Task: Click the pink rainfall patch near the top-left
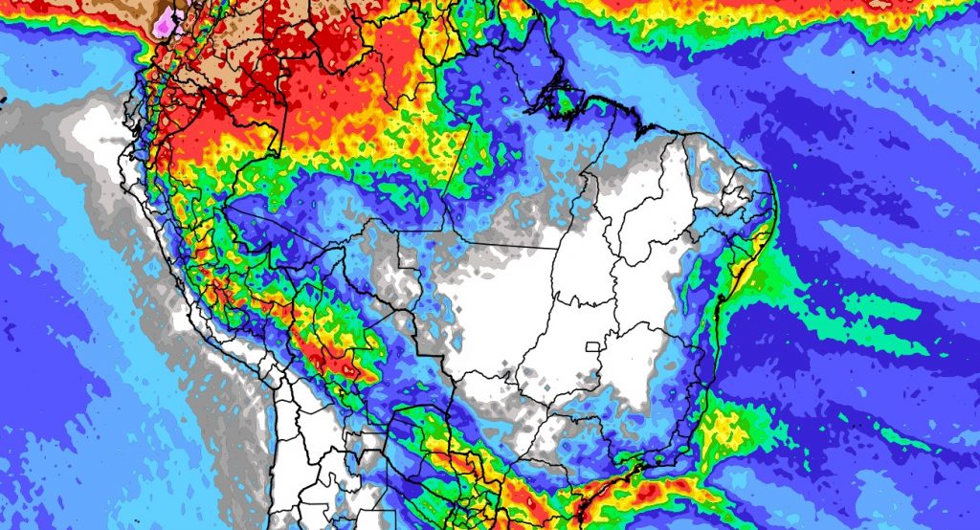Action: click(167, 21)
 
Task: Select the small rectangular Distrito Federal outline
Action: click(597, 346)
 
